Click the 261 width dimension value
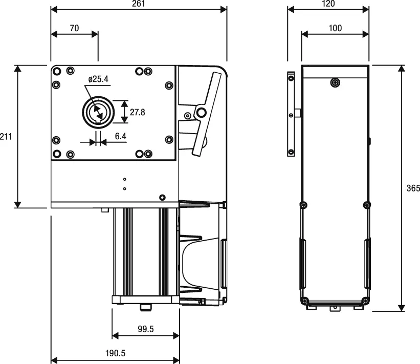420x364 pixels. [139, 4]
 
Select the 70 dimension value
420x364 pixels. [74, 29]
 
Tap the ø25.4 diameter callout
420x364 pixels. [98, 79]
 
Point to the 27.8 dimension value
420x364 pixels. [138, 112]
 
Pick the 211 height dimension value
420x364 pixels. [6, 137]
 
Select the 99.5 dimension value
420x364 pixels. [146, 329]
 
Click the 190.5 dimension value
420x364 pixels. [116, 353]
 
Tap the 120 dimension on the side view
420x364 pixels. [328, 4]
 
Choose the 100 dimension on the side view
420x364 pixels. [335, 29]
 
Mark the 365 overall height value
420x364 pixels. [413, 188]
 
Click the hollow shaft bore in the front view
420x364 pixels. [96, 112]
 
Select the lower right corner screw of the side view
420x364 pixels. [365, 300]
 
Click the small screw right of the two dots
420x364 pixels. [163, 197]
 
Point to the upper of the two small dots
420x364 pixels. [124, 180]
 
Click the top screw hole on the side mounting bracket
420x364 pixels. [291, 78]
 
